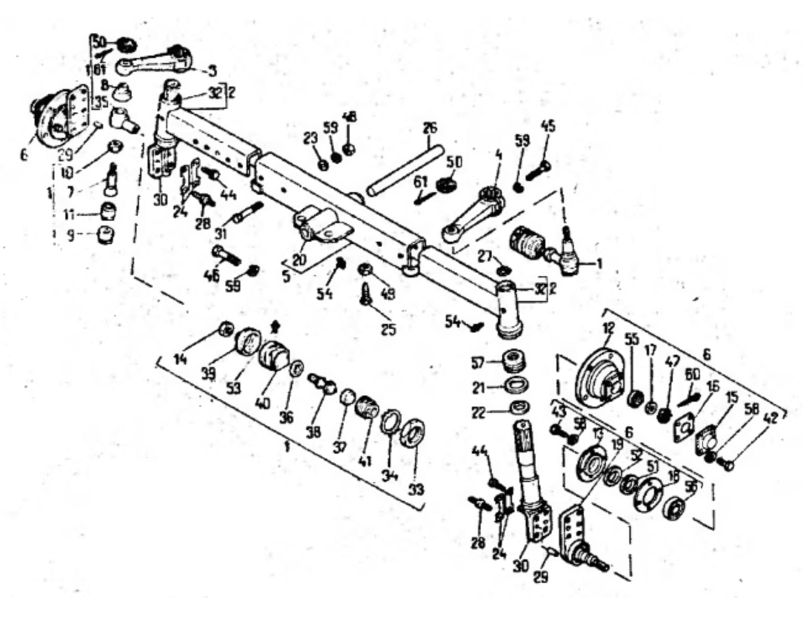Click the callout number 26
[x=430, y=128]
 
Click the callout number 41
[x=364, y=460]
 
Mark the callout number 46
[x=211, y=276]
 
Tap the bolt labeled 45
[x=537, y=167]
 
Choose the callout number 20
[x=300, y=260]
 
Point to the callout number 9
[x=71, y=235]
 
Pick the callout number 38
[x=313, y=431]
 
